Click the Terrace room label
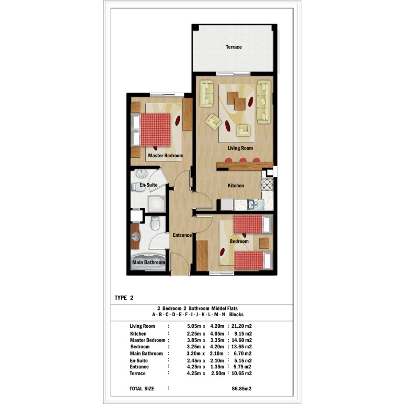(234, 47)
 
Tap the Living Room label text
(240, 148)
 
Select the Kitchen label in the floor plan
(236, 186)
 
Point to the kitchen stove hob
(267, 185)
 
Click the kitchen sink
(255, 205)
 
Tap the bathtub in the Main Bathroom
(149, 262)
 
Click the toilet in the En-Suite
(138, 187)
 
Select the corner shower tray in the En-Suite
(156, 204)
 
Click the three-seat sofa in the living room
(264, 102)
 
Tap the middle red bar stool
(243, 160)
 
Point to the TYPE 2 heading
(124, 298)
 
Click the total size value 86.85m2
(241, 389)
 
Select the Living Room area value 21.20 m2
(241, 326)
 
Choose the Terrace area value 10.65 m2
(241, 373)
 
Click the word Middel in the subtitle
(219, 308)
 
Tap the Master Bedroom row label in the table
(148, 340)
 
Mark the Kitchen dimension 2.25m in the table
(194, 334)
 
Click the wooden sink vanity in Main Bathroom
(135, 237)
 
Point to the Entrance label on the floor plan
(182, 235)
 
